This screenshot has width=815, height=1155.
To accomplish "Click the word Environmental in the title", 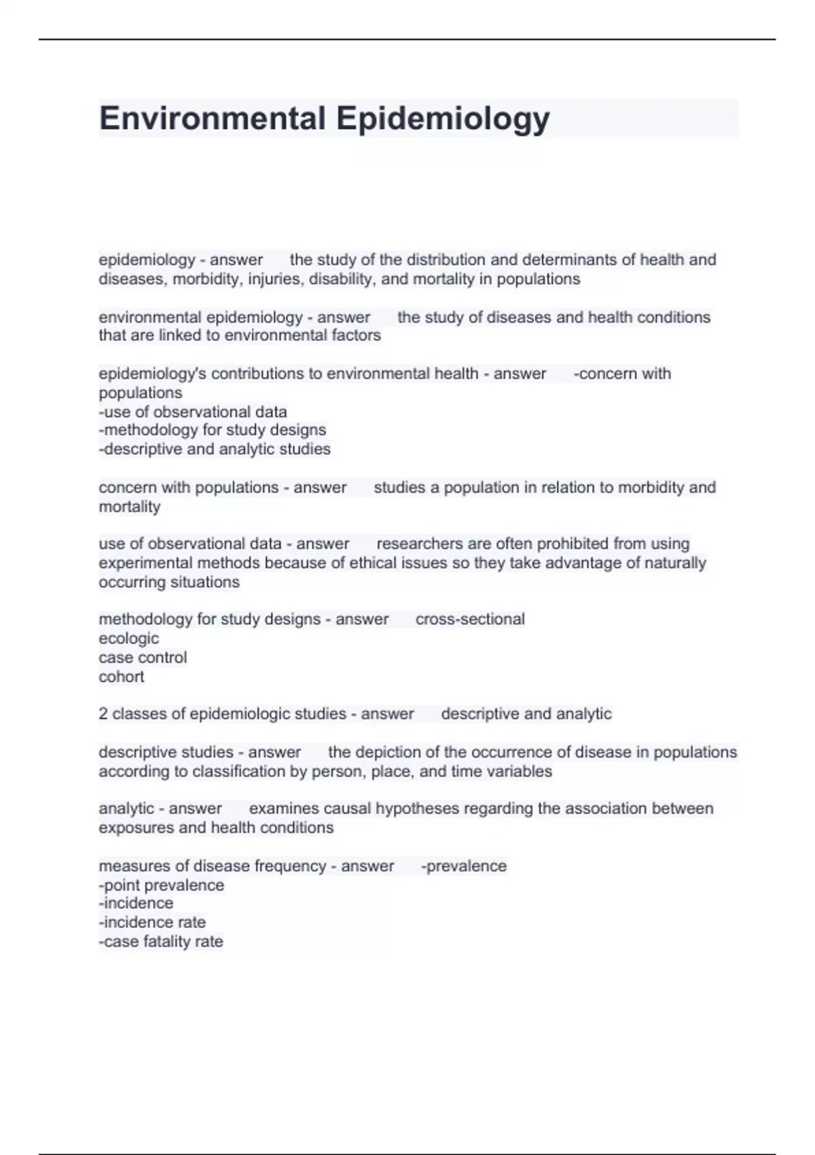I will point(212,118).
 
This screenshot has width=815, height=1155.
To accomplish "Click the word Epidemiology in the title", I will point(443,118).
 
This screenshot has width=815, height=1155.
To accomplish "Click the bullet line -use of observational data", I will point(193,412).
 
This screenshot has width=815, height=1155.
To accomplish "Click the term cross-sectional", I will point(470,619).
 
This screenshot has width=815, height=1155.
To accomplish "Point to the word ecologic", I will point(129,638).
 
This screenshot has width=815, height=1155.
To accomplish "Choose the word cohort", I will point(122,677).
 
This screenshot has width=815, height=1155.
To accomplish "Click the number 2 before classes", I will point(103,714).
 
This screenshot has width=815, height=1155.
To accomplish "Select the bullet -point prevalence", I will point(162,885).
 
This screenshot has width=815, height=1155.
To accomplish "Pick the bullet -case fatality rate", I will point(161,942).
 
